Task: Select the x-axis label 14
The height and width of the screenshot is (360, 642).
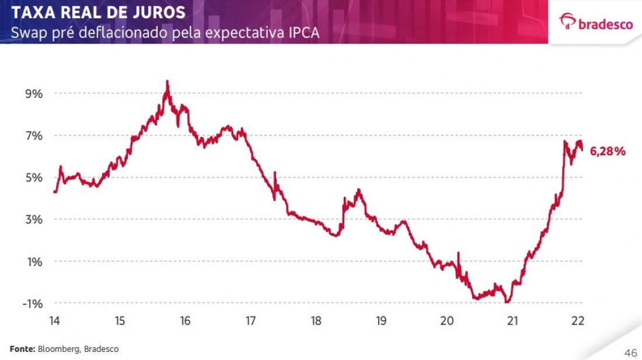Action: pyautogui.click(x=54, y=320)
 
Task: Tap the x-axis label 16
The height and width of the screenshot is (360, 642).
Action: pyautogui.click(x=185, y=320)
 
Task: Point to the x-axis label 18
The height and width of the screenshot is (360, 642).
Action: pyautogui.click(x=316, y=320)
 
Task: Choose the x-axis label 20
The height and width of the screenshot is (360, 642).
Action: pyautogui.click(x=447, y=320)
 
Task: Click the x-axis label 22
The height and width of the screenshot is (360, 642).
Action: pyautogui.click(x=578, y=320)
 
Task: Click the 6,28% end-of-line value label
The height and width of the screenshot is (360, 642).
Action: pyautogui.click(x=608, y=152)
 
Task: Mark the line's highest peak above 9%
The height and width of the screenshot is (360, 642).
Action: pyautogui.click(x=168, y=81)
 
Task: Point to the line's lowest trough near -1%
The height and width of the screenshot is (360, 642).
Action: pyautogui.click(x=508, y=302)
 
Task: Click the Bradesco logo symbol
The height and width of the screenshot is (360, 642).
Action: pyautogui.click(x=567, y=22)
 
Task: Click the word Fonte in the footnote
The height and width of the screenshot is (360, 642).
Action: pyautogui.click(x=22, y=349)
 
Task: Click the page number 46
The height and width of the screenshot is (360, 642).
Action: pyautogui.click(x=630, y=353)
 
